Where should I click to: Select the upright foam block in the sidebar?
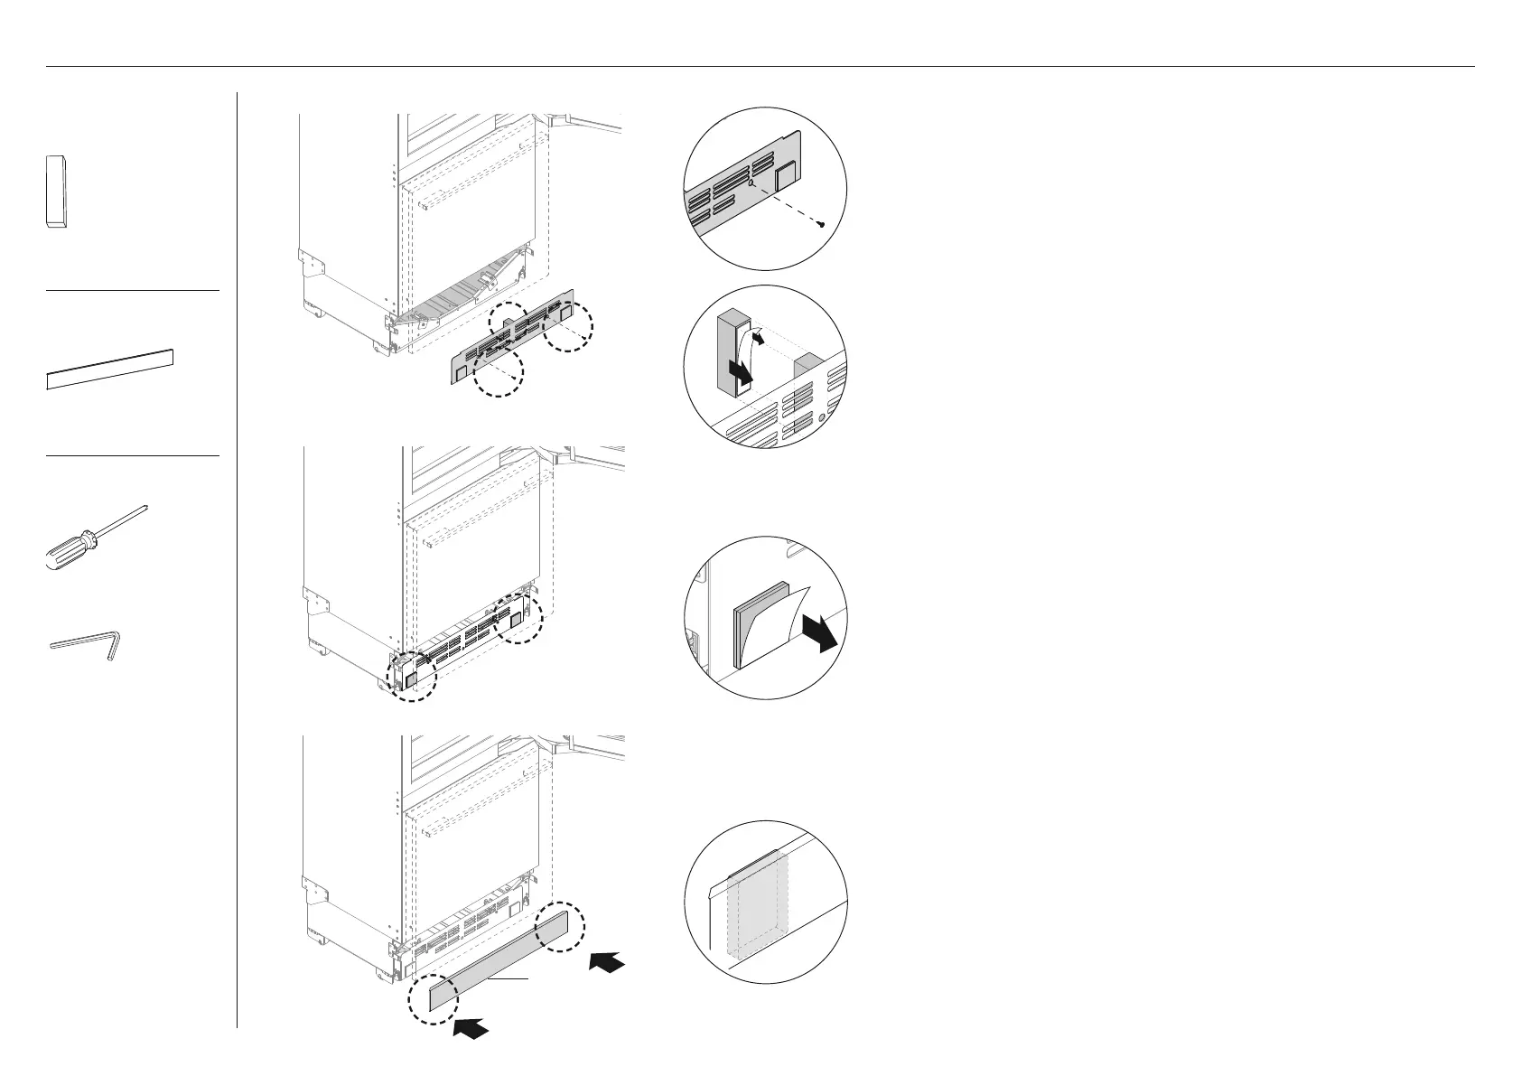pyautogui.click(x=56, y=191)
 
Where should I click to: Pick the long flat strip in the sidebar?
pyautogui.click(x=109, y=369)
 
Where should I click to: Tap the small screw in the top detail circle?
pyautogui.click(x=820, y=224)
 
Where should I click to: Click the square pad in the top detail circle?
pyautogui.click(x=785, y=175)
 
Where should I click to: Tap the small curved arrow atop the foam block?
pyautogui.click(x=760, y=338)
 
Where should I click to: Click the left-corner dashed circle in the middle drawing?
pyautogui.click(x=410, y=675)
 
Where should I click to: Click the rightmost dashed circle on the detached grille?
pyautogui.click(x=568, y=326)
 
